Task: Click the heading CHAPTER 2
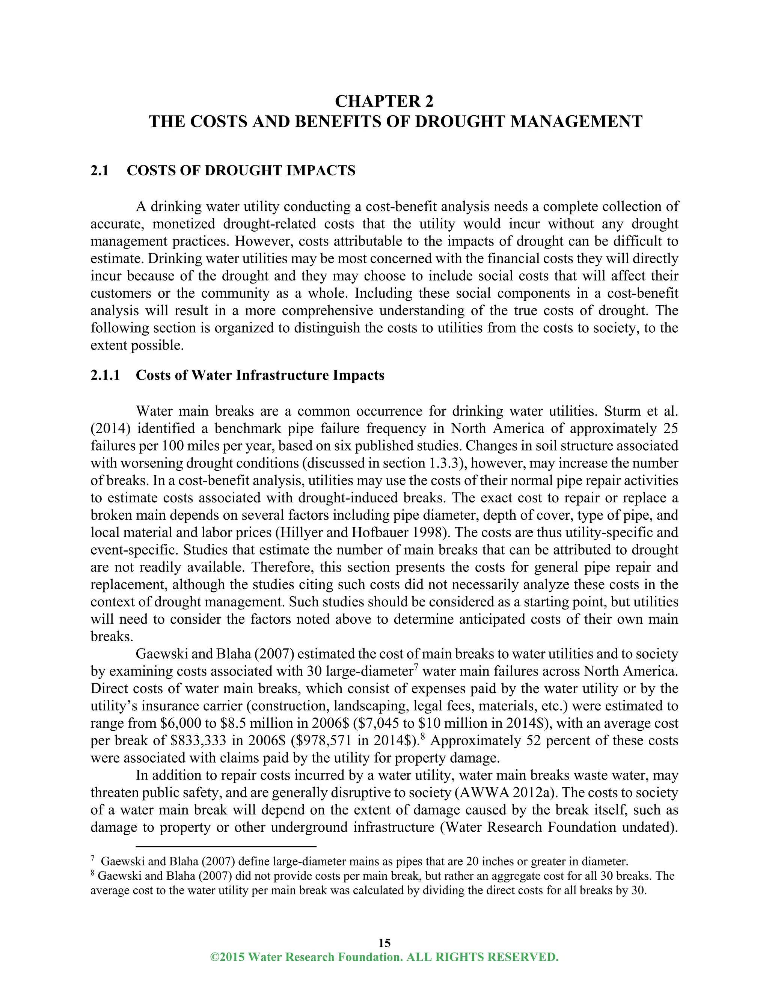click(384, 101)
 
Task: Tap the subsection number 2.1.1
click(105, 375)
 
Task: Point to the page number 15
click(384, 942)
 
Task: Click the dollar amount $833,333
click(198, 741)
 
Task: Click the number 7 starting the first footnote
click(93, 859)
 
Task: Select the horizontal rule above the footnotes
click(226, 847)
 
